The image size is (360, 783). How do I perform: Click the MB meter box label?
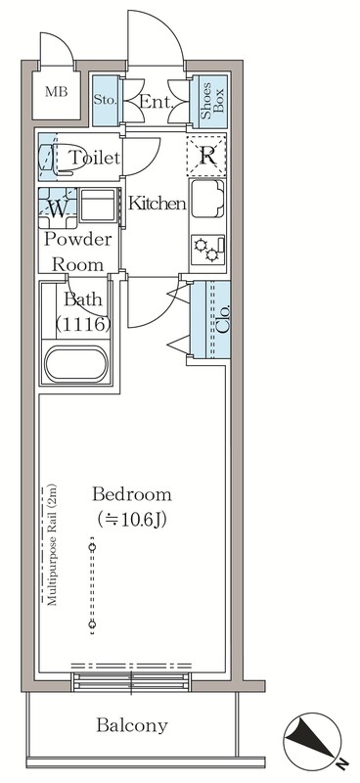pyautogui.click(x=56, y=92)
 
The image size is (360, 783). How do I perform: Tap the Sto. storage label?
pyautogui.click(x=106, y=101)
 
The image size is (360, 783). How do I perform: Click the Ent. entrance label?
pyautogui.click(x=157, y=103)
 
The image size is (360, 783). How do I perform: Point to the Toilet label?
pyautogui.click(x=94, y=158)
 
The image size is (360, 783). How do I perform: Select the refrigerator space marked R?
pyautogui.click(x=206, y=156)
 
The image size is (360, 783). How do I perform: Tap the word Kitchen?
pyautogui.click(x=157, y=204)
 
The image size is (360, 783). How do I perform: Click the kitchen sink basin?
pyautogui.click(x=207, y=199)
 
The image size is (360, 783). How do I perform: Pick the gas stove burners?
pyautogui.click(x=207, y=250)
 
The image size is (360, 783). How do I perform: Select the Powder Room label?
pyautogui.click(x=78, y=252)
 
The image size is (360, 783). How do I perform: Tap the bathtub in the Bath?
pyautogui.click(x=76, y=363)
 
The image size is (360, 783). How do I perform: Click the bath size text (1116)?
pyautogui.click(x=83, y=325)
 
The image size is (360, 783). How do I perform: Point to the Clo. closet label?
pyautogui.click(x=224, y=319)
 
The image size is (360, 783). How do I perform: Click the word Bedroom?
pyautogui.click(x=132, y=494)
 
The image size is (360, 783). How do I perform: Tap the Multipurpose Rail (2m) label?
pyautogui.click(x=52, y=545)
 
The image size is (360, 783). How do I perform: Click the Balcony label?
pyautogui.click(x=132, y=724)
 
